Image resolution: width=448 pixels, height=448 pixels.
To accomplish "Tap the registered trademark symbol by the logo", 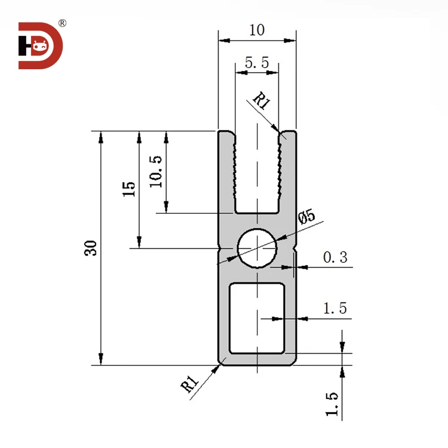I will point(63,23).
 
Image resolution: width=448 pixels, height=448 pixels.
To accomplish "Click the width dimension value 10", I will point(257,30).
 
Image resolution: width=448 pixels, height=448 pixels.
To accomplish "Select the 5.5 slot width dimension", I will point(257,63).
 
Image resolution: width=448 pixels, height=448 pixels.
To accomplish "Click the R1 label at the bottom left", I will point(189,384).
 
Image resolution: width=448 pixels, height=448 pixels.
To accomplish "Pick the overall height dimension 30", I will point(90,248).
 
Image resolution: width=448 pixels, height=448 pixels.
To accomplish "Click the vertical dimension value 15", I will point(128,189).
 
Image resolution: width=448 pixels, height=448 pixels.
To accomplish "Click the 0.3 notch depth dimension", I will point(335,257).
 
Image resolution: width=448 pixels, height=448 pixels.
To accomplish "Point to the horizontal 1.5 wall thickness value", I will point(335,308).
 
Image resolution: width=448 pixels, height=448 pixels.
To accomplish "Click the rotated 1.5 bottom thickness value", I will point(333,404).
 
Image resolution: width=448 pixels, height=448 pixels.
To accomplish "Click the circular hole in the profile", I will point(257,247).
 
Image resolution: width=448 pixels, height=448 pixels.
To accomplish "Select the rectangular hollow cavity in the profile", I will point(257,318).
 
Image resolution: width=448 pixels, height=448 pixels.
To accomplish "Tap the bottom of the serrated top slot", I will point(257,211).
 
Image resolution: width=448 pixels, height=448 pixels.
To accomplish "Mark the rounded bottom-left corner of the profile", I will point(220,361).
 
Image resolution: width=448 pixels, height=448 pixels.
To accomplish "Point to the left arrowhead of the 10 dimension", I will point(223,41).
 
